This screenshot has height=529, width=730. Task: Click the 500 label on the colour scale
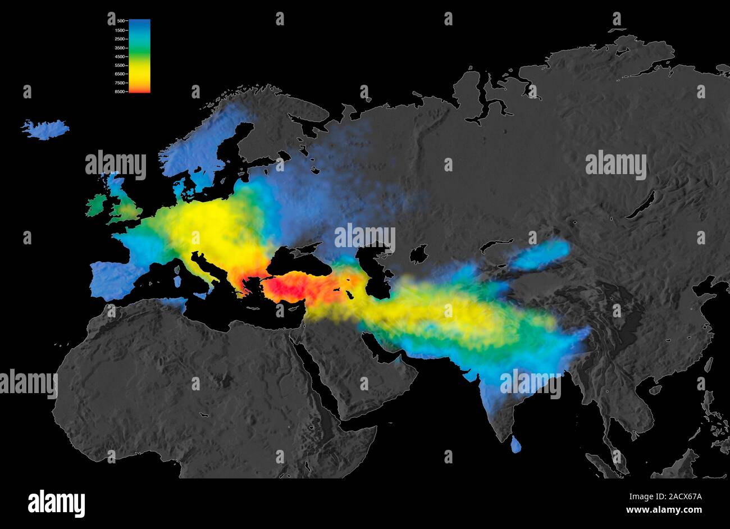[120, 21]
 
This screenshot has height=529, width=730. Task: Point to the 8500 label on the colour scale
[120, 92]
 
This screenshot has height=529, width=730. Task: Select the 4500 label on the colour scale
[120, 56]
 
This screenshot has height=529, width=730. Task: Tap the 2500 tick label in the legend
[120, 39]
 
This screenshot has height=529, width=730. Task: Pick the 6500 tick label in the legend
[120, 74]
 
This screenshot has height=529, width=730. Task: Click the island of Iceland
[45, 129]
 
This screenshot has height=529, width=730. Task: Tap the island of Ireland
[96, 205]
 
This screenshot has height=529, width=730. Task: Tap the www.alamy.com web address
[664, 510]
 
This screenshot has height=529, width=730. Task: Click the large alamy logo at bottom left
[56, 503]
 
